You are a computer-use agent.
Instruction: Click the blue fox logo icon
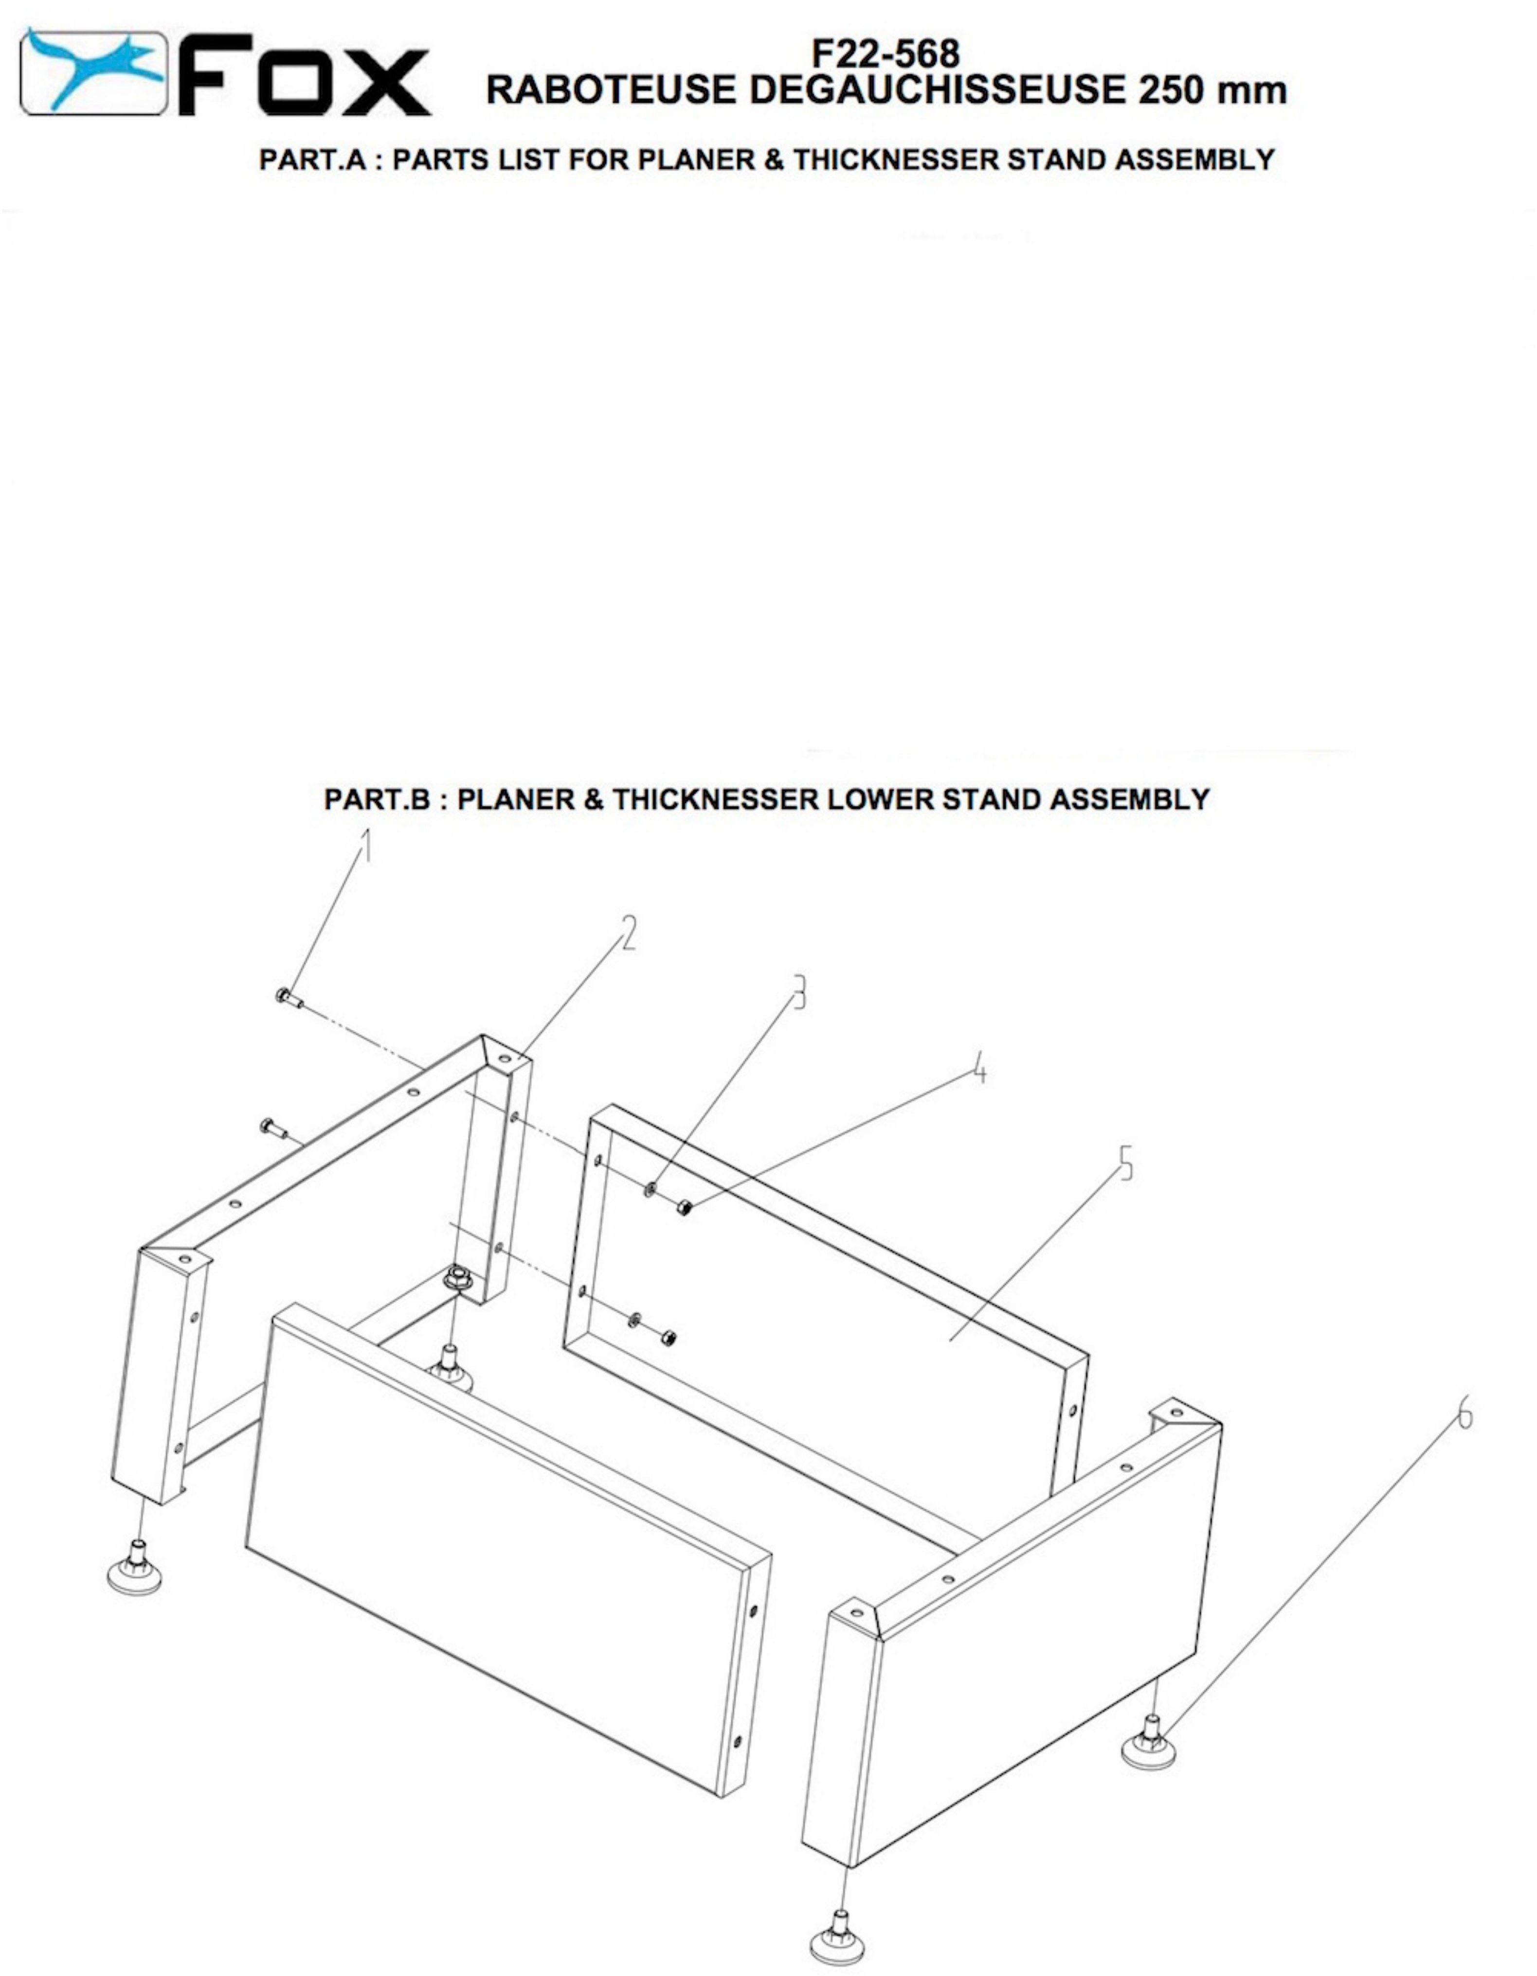[x=94, y=72]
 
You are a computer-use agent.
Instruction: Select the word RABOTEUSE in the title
[x=611, y=89]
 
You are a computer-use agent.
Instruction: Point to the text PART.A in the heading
[x=312, y=159]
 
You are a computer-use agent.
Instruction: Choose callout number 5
[x=1126, y=1164]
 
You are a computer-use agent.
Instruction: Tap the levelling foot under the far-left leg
[x=135, y=1570]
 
